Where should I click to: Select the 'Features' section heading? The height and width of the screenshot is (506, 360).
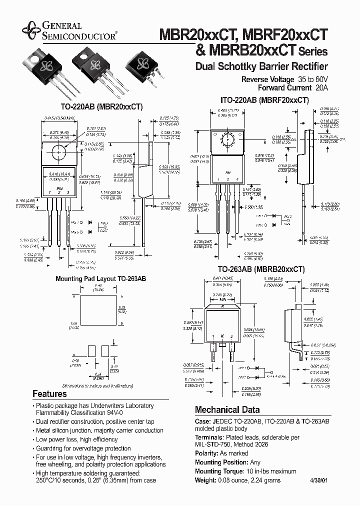[x=49, y=393]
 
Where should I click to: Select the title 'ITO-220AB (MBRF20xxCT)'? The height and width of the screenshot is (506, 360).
[x=264, y=100]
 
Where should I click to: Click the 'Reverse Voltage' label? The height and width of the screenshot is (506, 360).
[x=268, y=79]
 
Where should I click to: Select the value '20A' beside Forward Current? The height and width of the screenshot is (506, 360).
[x=322, y=87]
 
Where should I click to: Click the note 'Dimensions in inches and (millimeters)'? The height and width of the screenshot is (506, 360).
[x=98, y=386]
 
